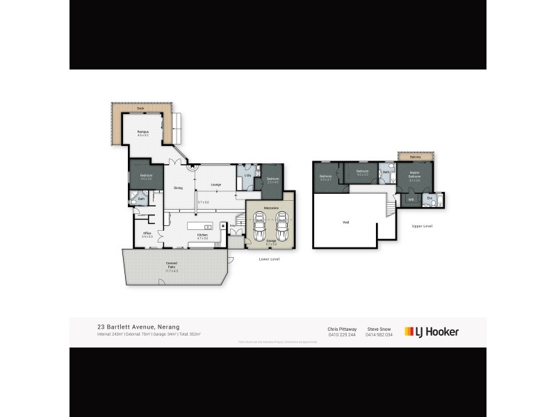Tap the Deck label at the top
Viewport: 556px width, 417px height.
[140, 109]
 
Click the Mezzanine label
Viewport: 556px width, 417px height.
[271, 208]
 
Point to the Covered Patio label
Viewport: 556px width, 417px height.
[172, 265]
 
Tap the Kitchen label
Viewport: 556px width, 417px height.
[203, 236]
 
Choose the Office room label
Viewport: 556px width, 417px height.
[147, 234]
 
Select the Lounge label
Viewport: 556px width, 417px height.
[215, 184]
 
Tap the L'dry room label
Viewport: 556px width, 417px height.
[247, 175]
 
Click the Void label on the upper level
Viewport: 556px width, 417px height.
[346, 222]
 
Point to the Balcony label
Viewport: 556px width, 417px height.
[415, 157]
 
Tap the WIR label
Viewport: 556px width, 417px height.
[411, 200]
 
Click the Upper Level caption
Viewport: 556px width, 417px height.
[422, 226]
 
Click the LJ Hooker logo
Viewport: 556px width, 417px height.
[432, 332]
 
